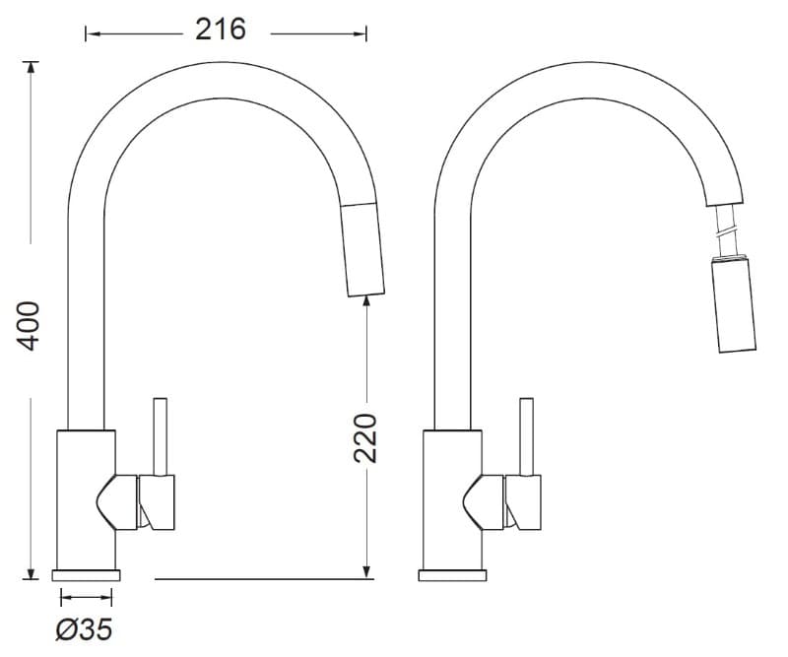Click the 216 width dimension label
[x=220, y=30]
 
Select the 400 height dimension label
[x=28, y=326]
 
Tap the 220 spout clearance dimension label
[x=364, y=437]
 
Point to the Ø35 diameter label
[x=84, y=629]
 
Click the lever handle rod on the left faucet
[x=161, y=436]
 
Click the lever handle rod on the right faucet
[x=527, y=436]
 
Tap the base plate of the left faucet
[x=86, y=575]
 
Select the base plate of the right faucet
[x=452, y=575]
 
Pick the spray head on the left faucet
[x=362, y=249]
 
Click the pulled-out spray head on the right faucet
[x=734, y=304]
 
